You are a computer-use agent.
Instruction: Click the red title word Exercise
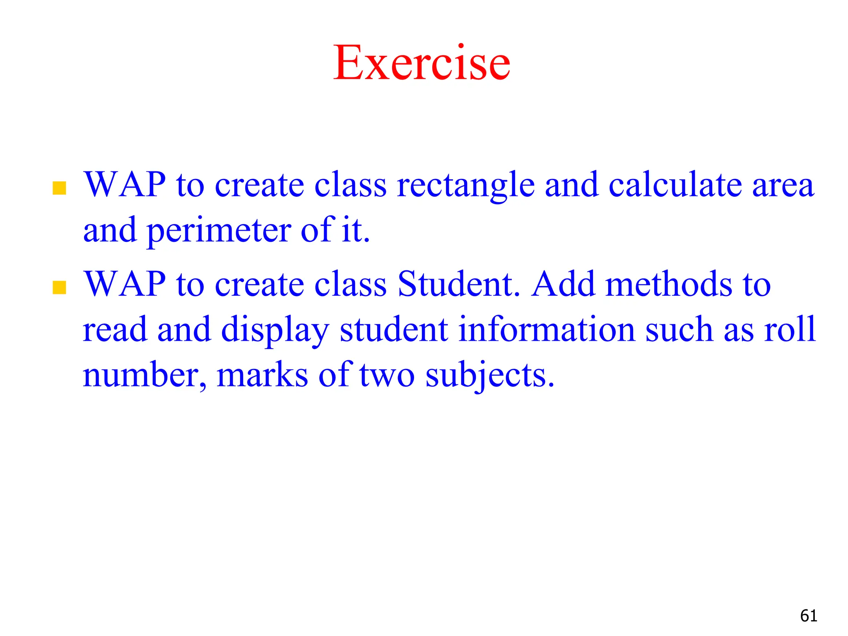click(422, 63)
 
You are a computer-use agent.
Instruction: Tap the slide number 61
click(809, 616)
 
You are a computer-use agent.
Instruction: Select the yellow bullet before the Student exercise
click(60, 287)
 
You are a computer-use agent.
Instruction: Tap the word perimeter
click(219, 231)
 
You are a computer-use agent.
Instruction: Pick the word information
click(547, 330)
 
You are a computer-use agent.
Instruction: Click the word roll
click(790, 330)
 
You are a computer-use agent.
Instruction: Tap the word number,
click(145, 375)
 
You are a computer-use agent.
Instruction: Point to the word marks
click(262, 375)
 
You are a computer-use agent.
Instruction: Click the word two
click(387, 375)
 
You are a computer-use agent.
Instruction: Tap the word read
click(115, 330)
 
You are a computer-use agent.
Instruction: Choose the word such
click(679, 330)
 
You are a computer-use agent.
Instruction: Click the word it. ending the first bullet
click(356, 230)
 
